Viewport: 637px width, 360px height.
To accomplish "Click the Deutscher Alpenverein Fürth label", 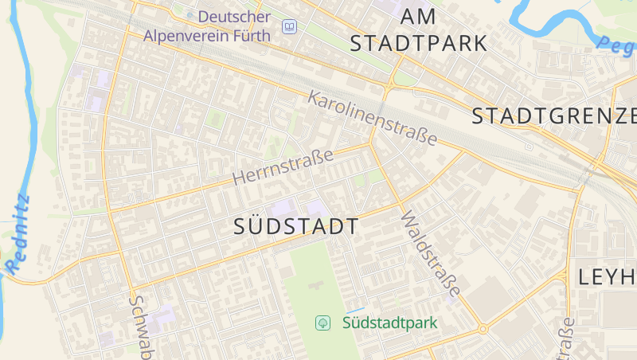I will point(209,25).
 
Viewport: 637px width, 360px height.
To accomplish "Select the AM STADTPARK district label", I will point(418,29).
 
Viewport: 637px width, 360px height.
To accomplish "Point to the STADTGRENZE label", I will point(554,116).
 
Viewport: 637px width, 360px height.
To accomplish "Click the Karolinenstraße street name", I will point(373,119).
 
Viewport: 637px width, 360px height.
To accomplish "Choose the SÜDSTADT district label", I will point(296,226).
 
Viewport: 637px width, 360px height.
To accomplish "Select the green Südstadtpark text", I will point(390,323).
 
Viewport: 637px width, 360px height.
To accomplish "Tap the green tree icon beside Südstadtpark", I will point(323,323).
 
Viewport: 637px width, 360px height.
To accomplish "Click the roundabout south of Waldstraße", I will point(482,328).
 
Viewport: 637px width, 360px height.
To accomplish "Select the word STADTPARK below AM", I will point(418,42).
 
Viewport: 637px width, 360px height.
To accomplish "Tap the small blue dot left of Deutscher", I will point(190,15).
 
